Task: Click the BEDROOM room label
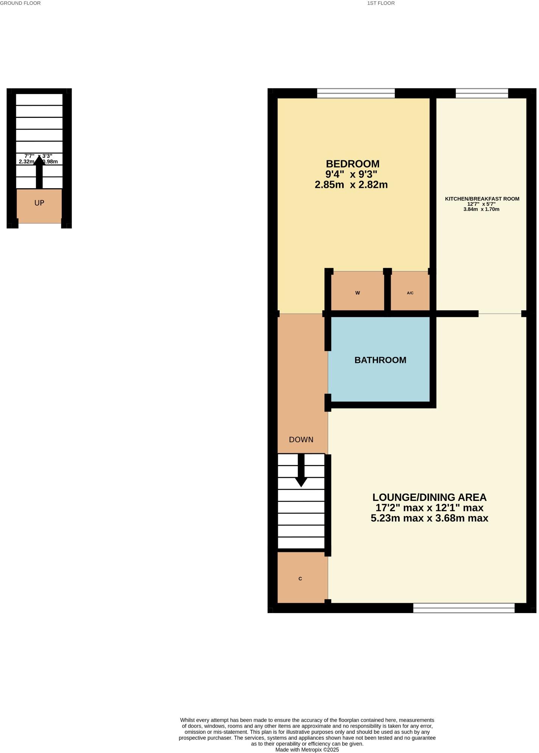pos(352,164)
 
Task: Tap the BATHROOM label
pos(380,360)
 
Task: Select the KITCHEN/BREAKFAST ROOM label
pos(482,199)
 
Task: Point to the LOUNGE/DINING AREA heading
pos(429,497)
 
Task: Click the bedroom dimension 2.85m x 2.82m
pos(351,185)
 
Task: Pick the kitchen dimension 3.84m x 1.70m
pos(481,209)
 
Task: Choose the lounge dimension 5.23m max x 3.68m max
pos(429,518)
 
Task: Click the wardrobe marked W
pos(357,293)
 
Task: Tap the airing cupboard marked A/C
pos(410,293)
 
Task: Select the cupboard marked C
pos(300,579)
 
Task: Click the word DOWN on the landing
pos(301,440)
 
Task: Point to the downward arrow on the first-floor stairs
pos(301,471)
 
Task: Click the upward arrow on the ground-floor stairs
pos(39,172)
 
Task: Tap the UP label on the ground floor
pos(39,203)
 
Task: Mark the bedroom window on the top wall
pos(355,93)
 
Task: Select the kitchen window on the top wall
pos(481,93)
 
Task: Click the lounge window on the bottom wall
pos(464,607)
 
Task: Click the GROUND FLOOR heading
pos(20,3)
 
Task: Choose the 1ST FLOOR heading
pos(381,3)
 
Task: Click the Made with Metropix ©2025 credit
pos(307,750)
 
